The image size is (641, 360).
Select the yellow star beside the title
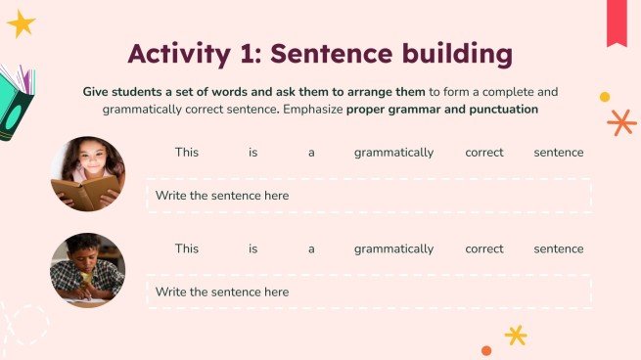click(x=21, y=23)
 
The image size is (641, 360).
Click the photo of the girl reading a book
click(x=87, y=173)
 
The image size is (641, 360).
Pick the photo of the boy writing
click(x=87, y=269)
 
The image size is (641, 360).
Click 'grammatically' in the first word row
click(x=393, y=153)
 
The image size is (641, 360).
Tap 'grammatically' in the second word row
click(x=393, y=248)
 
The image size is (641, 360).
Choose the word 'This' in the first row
click(x=186, y=153)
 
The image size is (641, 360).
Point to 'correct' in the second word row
click(x=484, y=248)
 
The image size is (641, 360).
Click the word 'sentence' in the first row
click(x=559, y=153)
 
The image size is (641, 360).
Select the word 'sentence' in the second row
click(x=559, y=248)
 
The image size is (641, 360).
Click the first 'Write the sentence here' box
click(x=369, y=196)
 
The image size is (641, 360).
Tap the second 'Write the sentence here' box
click(x=369, y=292)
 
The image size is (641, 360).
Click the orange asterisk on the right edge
click(x=620, y=122)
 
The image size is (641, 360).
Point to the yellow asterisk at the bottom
click(x=516, y=336)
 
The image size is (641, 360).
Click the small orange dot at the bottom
click(x=486, y=350)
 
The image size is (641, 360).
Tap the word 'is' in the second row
click(x=252, y=248)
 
